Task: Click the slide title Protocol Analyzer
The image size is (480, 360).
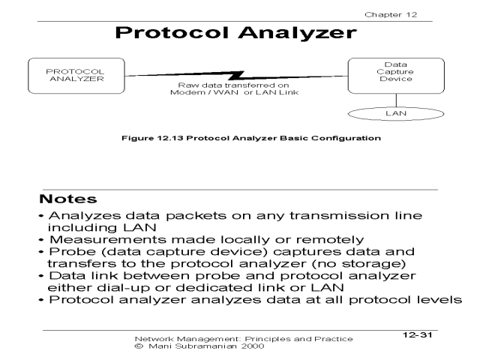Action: coord(239,35)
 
